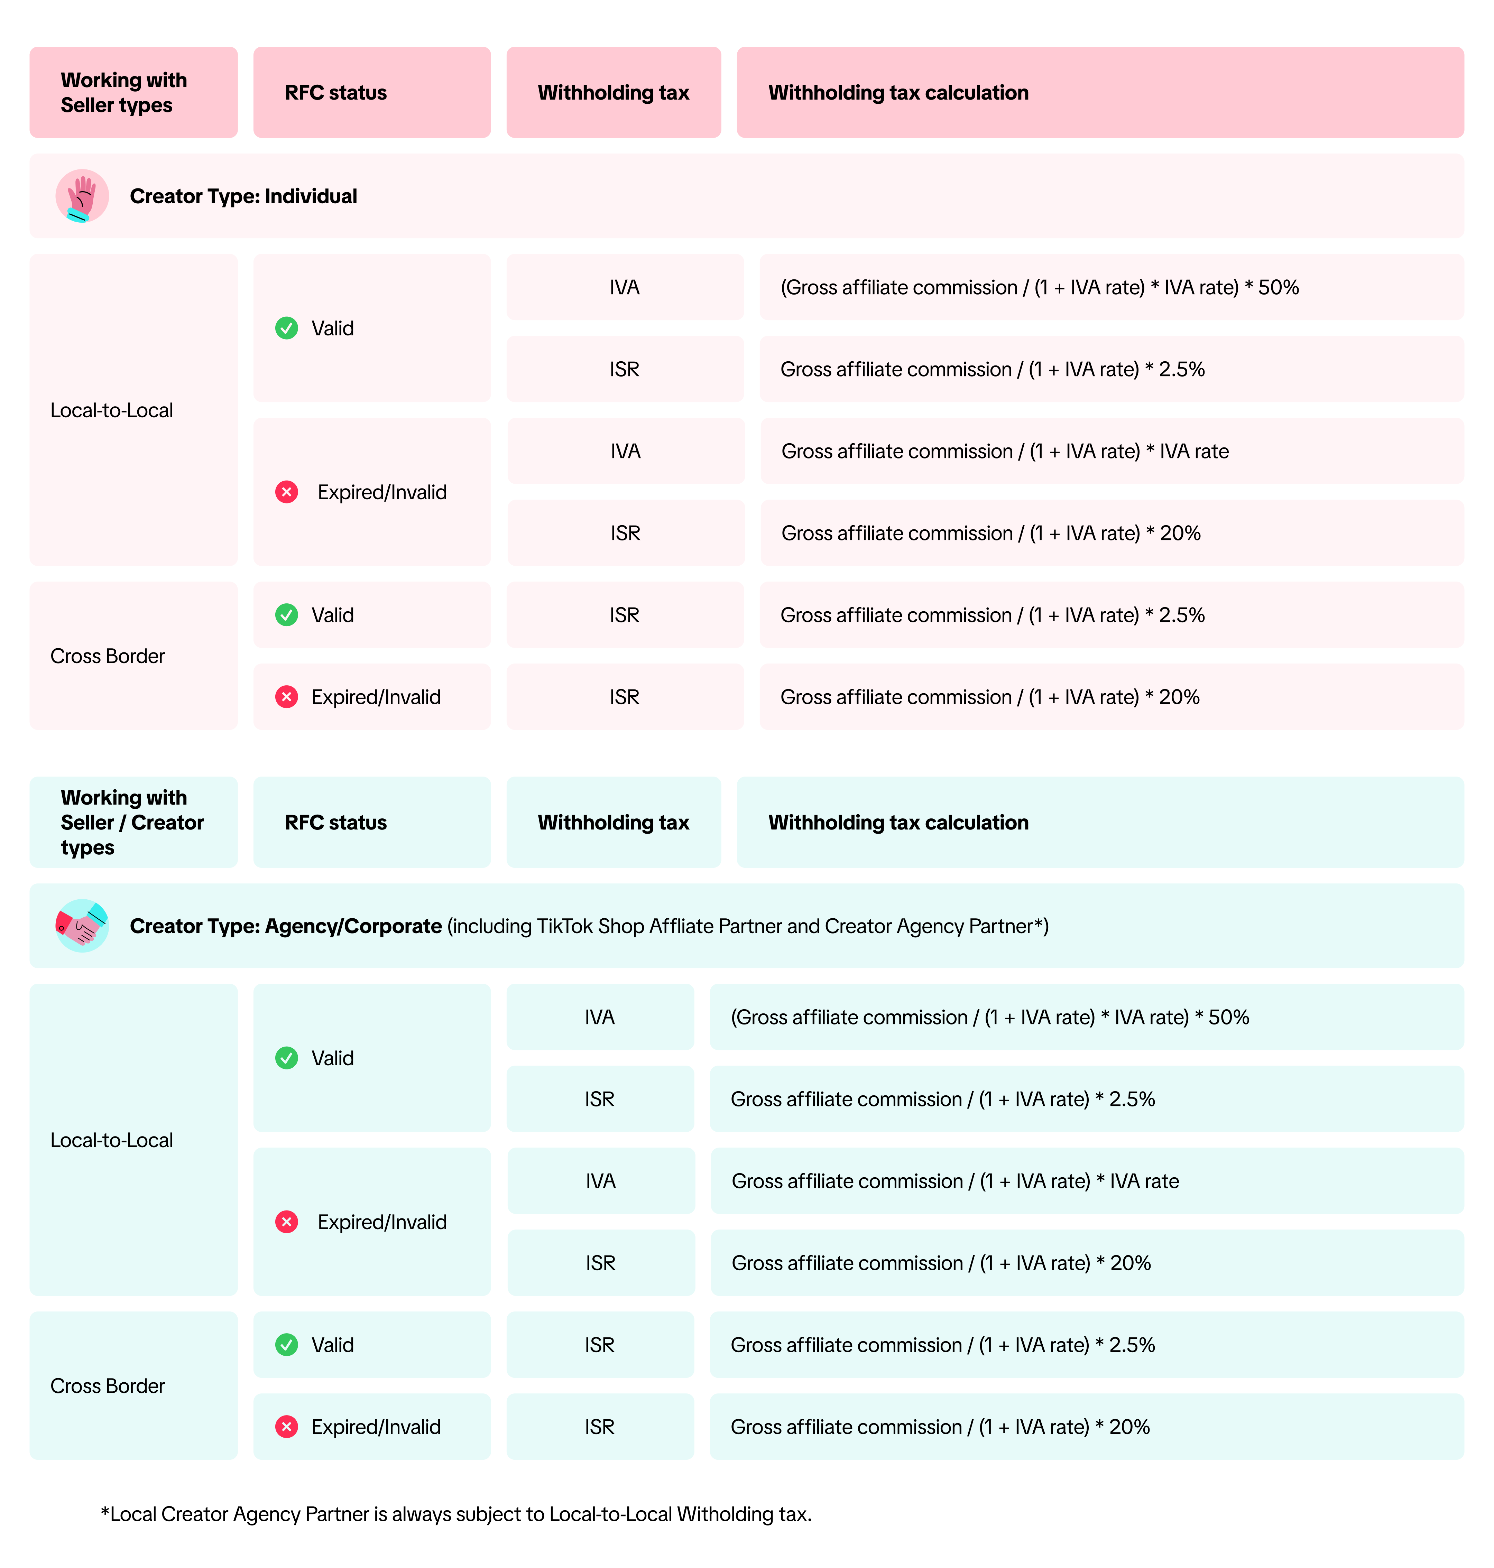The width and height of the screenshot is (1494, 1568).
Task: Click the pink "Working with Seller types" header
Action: [134, 92]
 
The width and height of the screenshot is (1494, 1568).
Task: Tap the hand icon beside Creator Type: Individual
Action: [82, 196]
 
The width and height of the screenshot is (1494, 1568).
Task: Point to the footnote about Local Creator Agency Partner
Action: [456, 1514]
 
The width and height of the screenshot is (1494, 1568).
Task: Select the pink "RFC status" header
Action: [372, 92]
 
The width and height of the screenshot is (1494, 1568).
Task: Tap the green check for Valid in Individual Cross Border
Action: [287, 615]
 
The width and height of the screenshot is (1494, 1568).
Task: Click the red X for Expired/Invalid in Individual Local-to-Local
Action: [287, 492]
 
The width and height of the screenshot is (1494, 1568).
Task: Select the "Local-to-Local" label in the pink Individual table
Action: [111, 410]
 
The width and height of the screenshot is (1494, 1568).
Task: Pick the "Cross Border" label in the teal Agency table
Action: [108, 1386]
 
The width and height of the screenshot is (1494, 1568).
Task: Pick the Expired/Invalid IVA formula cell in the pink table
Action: [1112, 451]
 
